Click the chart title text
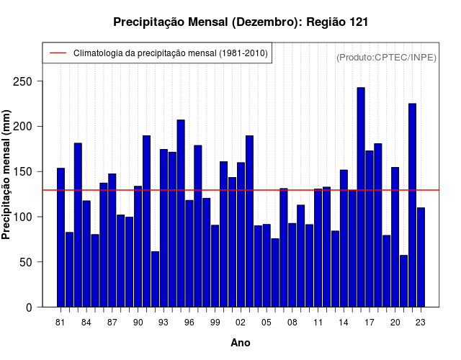point(241,22)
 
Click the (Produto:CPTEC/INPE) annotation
point(386,57)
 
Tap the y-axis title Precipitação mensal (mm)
point(7,174)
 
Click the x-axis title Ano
point(241,343)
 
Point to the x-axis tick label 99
point(215,323)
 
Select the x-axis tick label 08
point(292,323)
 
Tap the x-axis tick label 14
point(344,323)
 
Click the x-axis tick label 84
point(86,323)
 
